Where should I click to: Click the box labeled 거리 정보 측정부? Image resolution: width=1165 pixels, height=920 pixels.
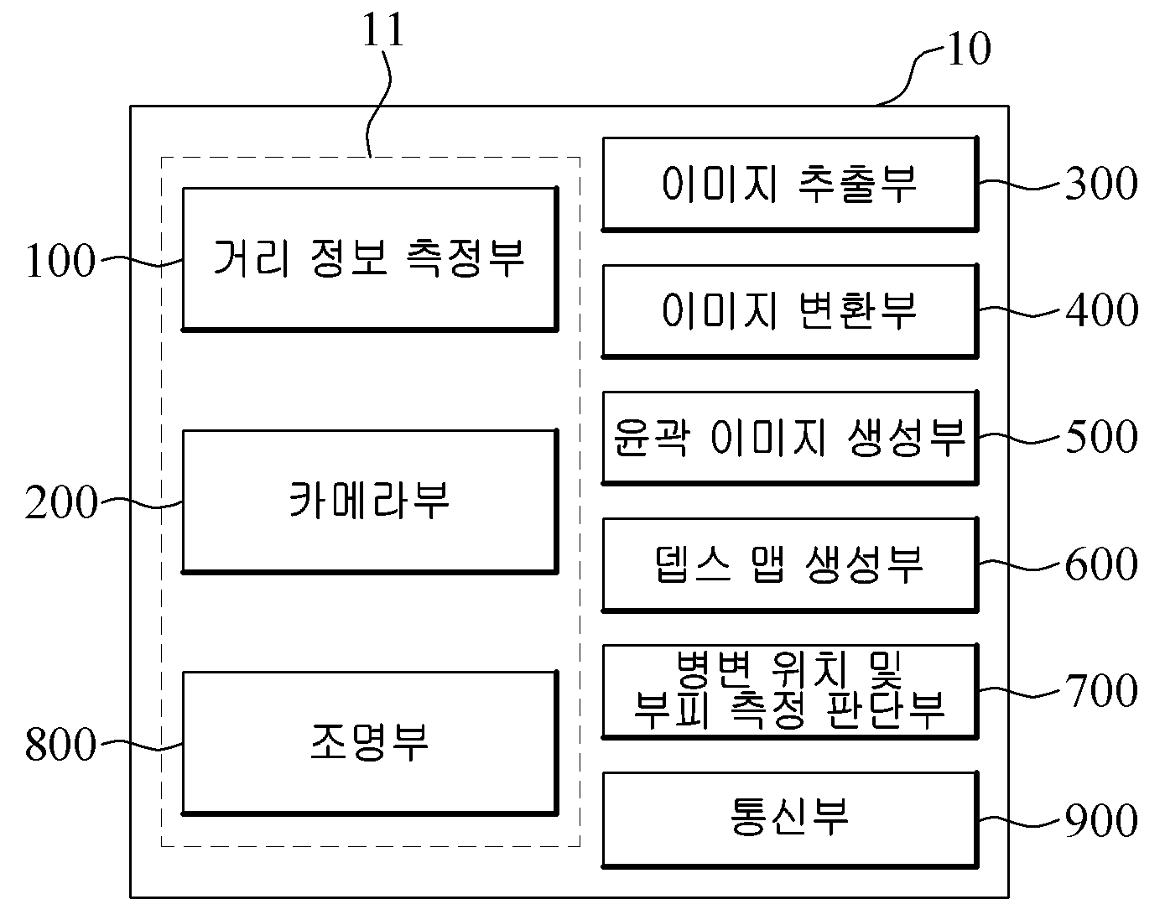click(370, 259)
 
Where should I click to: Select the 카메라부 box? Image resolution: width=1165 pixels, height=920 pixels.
click(370, 501)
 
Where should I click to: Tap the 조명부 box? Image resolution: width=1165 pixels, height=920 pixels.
click(370, 743)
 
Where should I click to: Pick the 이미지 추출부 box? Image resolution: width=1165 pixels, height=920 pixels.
click(790, 185)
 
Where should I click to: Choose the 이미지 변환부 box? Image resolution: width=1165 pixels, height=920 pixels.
click(790, 311)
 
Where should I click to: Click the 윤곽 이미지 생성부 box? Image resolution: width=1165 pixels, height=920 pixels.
click(790, 438)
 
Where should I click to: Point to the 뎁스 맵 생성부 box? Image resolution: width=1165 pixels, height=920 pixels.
click(790, 564)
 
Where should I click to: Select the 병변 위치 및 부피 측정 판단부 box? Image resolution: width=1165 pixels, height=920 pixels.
click(790, 692)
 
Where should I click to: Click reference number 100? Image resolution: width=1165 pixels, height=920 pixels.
click(60, 261)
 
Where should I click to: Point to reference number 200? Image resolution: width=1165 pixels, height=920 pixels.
click(60, 502)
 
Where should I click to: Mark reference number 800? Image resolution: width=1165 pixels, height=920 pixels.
click(60, 744)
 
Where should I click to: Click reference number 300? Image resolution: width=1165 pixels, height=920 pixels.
click(1101, 183)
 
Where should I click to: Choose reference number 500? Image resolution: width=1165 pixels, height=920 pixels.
click(1101, 436)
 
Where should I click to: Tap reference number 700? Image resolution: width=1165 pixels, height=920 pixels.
click(1101, 690)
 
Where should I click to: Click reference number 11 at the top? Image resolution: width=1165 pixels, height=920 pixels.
click(382, 29)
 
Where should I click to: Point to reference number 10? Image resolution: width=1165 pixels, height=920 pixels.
click(969, 48)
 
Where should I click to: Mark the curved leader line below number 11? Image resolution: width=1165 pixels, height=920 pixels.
click(379, 104)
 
